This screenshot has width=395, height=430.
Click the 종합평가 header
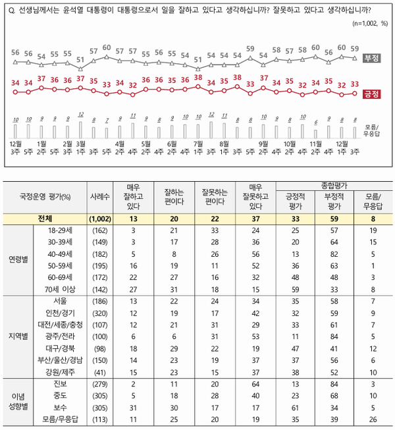[x=330, y=185]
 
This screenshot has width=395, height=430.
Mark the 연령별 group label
[x=22, y=259]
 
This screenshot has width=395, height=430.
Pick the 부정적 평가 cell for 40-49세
[x=330, y=254]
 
